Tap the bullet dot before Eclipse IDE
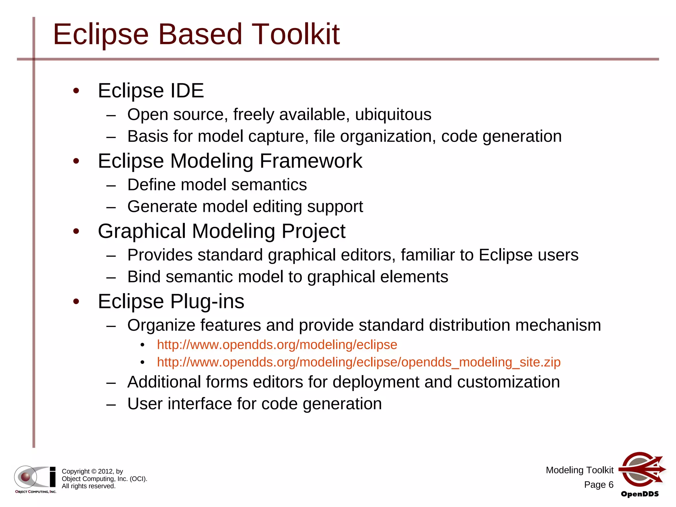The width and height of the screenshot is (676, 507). click(76, 91)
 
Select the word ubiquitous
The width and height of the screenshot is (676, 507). click(393, 115)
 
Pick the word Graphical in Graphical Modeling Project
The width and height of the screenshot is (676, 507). click(142, 231)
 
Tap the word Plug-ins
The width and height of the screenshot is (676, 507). click(207, 301)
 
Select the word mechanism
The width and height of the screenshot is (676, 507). click(558, 325)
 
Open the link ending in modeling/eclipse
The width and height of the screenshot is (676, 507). click(277, 345)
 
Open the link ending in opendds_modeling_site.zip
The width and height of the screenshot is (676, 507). click(358, 362)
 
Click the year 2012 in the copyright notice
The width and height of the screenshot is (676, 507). click(106, 471)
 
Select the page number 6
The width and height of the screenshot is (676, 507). click(611, 485)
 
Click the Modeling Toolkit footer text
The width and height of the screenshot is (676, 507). click(579, 470)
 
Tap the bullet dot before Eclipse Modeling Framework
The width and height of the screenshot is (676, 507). click(76, 161)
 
